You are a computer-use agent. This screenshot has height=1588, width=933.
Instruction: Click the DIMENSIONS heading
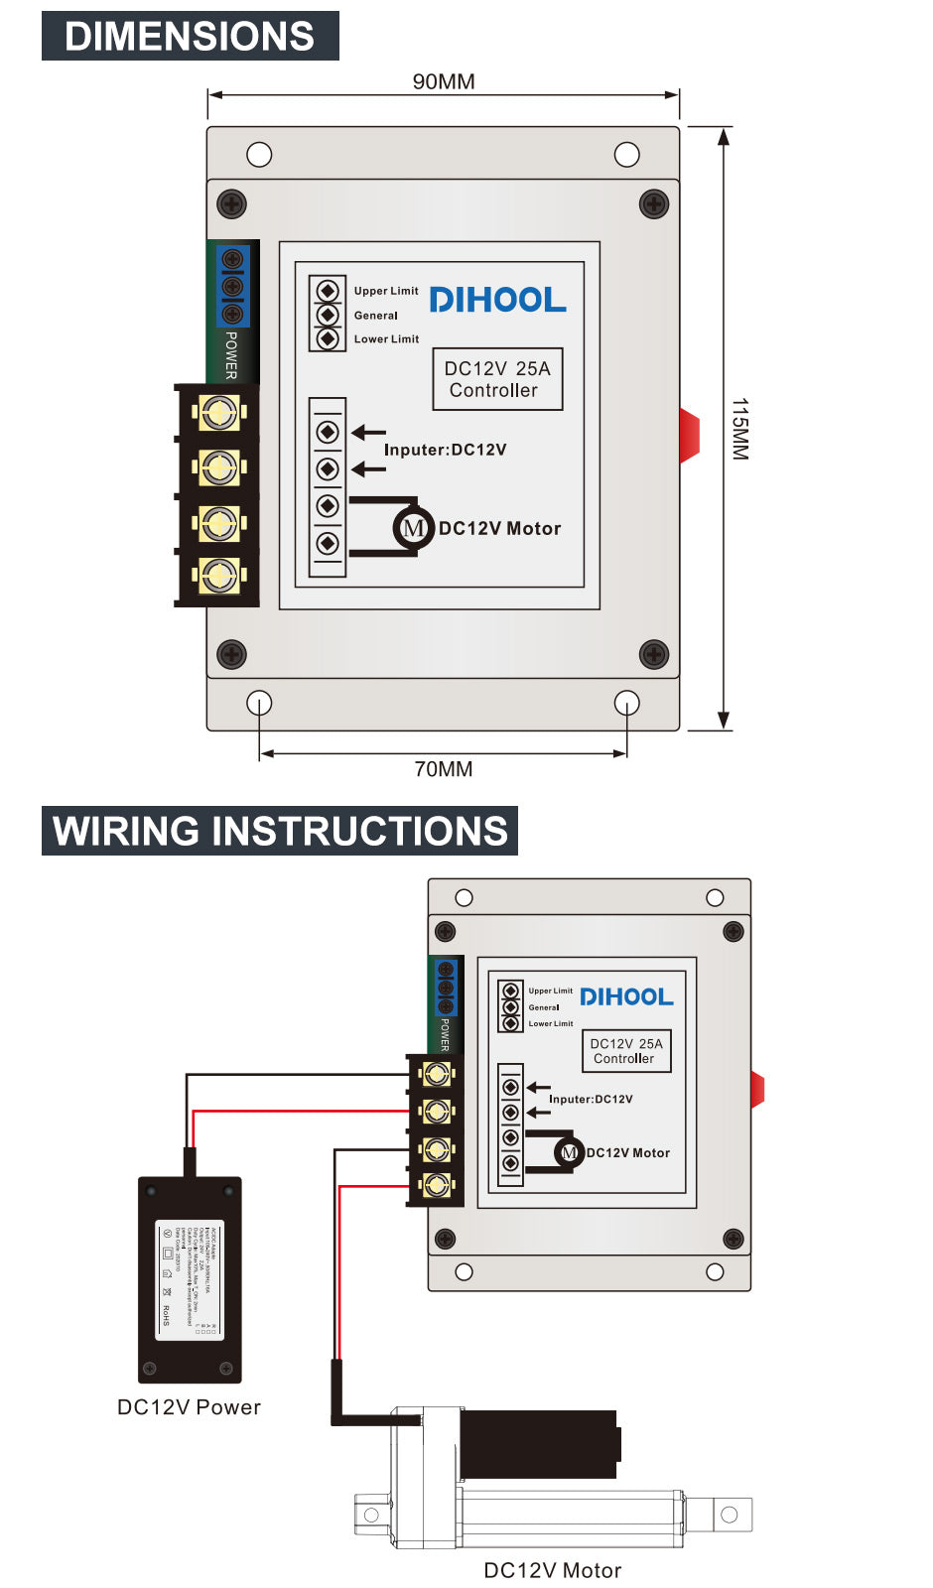190,37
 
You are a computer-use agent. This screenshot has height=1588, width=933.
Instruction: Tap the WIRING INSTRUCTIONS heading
280,831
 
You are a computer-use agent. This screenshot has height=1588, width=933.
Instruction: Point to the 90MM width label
444,81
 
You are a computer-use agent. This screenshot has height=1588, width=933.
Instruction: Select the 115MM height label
739,429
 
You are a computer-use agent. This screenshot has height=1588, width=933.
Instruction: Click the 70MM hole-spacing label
444,769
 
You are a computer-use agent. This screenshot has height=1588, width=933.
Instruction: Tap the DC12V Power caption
189,1407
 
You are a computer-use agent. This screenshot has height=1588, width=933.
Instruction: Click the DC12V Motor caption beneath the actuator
553,1570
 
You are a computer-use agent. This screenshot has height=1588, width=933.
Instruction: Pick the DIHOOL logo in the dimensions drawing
497,300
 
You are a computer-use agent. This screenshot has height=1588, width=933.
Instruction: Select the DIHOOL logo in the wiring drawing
626,996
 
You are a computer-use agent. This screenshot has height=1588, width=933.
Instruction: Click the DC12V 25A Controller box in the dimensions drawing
497,379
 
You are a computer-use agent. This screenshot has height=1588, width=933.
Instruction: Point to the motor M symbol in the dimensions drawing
413,528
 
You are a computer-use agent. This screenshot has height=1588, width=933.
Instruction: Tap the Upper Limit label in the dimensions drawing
386,291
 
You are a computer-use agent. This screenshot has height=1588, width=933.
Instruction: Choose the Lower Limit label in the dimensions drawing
386,339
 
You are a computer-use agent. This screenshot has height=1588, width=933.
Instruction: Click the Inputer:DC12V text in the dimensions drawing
445,450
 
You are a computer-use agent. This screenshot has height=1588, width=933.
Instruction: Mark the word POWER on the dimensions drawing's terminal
231,355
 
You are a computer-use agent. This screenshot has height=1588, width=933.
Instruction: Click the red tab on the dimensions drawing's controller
690,435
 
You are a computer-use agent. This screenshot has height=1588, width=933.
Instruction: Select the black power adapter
190,1279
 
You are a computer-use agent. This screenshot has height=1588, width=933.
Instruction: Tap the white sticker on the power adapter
190,1280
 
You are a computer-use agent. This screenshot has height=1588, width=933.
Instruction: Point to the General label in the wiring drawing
544,1007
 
